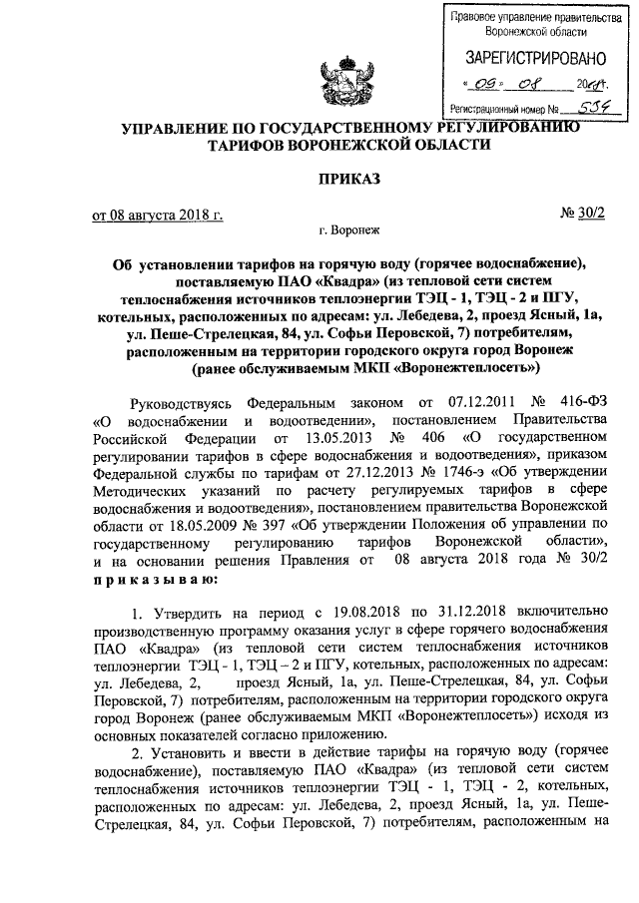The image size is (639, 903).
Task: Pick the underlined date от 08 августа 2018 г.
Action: click(x=158, y=214)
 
